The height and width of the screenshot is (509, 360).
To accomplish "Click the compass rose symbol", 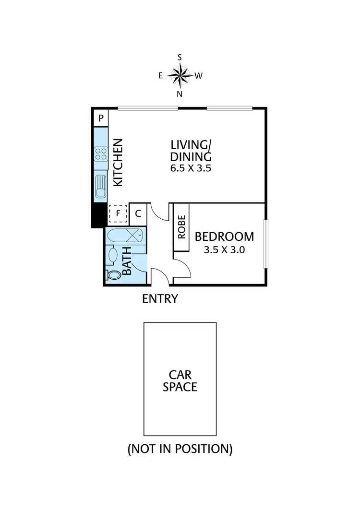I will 180,75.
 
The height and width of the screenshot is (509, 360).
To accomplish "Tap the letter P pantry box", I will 101,118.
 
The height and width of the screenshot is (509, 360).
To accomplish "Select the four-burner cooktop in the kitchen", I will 101,154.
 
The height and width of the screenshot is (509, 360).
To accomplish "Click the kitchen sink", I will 101,186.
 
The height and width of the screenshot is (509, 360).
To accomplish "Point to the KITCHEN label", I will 118,163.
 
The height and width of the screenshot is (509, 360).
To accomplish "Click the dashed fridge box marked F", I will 118,213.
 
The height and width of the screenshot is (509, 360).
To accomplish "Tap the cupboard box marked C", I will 138,213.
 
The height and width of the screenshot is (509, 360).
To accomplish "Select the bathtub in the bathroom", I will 125,236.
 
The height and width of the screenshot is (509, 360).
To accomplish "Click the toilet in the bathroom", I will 113,275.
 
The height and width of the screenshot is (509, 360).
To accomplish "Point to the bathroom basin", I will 112,254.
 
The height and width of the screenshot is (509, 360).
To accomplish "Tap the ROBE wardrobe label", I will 181,227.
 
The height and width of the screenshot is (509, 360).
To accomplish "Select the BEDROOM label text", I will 224,237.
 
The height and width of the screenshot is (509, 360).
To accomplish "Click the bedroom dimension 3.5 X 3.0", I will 224,249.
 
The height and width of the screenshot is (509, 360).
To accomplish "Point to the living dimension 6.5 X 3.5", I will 191,168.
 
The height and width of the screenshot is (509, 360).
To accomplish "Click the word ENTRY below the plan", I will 160,299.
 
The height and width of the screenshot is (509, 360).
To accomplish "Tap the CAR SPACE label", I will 180,380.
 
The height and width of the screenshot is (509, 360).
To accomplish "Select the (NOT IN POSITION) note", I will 180,449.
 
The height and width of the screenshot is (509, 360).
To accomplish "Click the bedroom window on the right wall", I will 265,244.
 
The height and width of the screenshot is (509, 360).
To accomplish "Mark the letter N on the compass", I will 180,94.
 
